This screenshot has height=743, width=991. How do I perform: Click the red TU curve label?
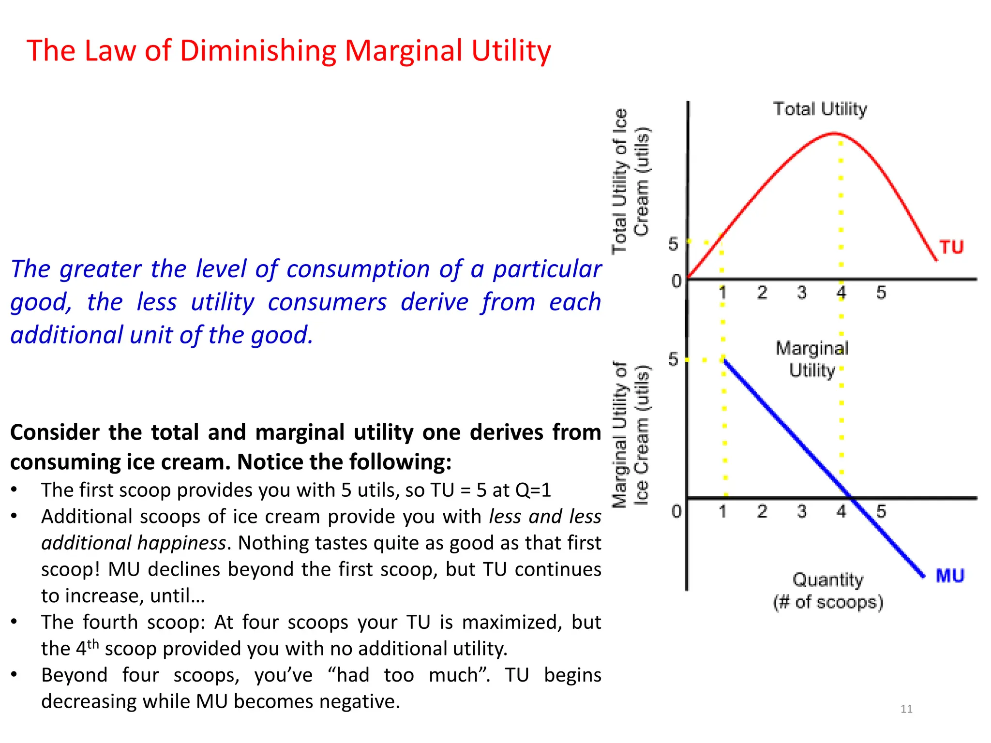(x=951, y=247)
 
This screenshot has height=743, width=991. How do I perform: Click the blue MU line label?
(x=950, y=576)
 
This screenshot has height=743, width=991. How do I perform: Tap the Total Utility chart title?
(x=820, y=109)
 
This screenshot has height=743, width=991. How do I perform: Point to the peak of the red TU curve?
(x=835, y=133)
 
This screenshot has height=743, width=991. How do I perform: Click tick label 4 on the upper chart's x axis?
(x=841, y=292)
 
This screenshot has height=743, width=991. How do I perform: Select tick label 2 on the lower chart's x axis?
(x=762, y=511)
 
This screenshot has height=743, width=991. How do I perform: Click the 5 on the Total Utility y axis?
(x=673, y=244)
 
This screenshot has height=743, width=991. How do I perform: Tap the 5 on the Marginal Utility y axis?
(x=673, y=359)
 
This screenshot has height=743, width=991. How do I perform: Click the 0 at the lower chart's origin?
(x=676, y=511)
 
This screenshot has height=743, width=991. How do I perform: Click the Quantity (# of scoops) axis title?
(x=828, y=591)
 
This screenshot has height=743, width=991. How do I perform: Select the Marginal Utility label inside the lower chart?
(x=812, y=359)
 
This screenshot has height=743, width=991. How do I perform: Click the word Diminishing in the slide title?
(x=257, y=51)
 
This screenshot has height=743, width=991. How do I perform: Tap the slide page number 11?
(x=906, y=709)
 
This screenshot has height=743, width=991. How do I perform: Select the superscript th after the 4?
(x=93, y=644)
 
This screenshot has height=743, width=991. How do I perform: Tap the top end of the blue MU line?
(x=724, y=360)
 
